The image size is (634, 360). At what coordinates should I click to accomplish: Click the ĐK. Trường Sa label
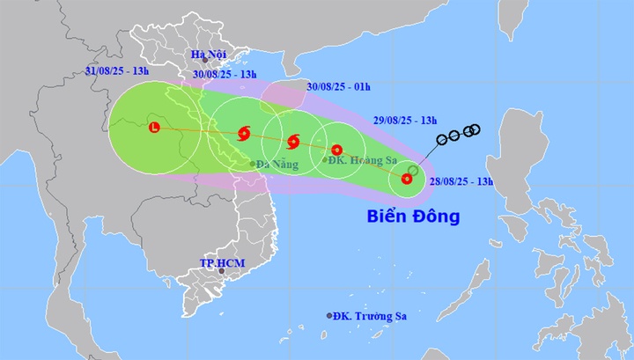(362, 315)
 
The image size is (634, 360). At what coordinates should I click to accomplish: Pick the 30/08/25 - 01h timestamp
(339, 85)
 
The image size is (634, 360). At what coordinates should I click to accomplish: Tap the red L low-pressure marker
(155, 128)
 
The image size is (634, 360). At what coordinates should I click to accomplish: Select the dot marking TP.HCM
(222, 271)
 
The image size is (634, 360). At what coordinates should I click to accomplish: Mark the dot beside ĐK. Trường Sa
(329, 315)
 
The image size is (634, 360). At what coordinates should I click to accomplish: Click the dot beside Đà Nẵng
(252, 164)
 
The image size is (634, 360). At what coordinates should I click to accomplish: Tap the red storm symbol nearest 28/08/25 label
(406, 179)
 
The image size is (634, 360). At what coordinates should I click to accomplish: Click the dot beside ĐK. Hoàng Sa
(325, 160)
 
